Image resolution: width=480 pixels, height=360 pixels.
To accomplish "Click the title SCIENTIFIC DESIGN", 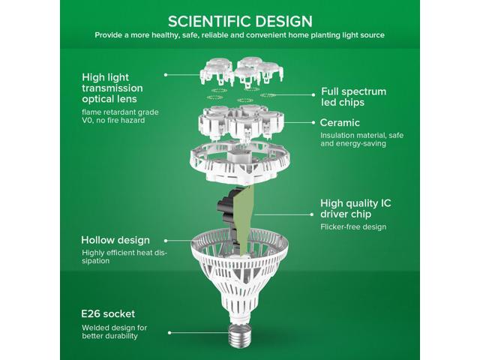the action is (x=240, y=22).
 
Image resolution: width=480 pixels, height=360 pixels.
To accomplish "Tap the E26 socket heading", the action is (x=108, y=313).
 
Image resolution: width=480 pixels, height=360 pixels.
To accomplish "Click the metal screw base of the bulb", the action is (x=240, y=335).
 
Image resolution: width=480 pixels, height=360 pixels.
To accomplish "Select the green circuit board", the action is (x=244, y=220).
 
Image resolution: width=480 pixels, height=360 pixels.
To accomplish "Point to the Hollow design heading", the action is (x=115, y=240).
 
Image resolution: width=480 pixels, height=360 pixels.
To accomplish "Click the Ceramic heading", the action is (x=340, y=122).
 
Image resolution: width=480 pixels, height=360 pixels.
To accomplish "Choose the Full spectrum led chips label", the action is (x=353, y=97).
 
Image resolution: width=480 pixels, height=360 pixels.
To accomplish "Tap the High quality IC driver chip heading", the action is (x=355, y=208).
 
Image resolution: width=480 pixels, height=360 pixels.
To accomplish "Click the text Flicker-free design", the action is (x=353, y=226).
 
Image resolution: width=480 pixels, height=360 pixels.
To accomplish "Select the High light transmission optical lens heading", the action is (x=112, y=88).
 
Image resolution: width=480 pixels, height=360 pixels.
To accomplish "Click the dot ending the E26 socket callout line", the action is (x=169, y=333).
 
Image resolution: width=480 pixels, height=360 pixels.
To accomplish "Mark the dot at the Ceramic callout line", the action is (x=313, y=122).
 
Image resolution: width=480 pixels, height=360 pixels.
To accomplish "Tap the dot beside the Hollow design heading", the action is (x=166, y=241).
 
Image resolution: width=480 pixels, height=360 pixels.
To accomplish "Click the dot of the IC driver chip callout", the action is (x=312, y=214).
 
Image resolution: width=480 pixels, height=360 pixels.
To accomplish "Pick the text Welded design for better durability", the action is (x=115, y=331).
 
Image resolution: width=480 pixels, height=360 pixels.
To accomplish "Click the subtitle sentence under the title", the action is (x=240, y=35).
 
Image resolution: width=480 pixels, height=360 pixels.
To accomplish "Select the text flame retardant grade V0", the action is (x=120, y=116).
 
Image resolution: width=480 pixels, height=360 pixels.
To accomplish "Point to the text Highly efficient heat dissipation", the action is (x=124, y=256).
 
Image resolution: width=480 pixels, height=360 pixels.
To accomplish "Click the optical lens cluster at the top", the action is (x=241, y=72).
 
